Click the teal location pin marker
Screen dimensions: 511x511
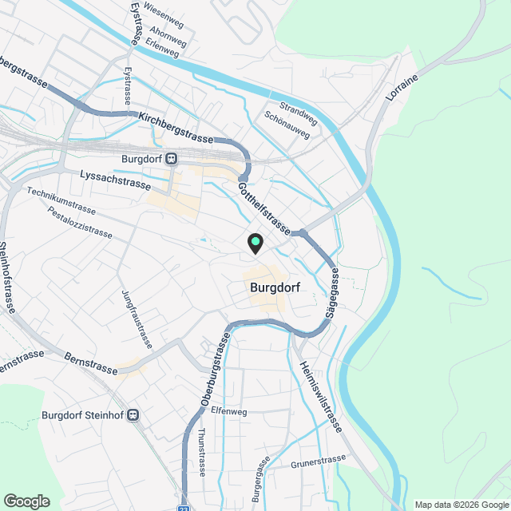255,243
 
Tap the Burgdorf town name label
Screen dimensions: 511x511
267,288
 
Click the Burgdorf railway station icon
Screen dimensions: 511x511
173,158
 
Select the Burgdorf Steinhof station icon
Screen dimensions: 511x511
133,415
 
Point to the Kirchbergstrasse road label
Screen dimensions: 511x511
176,128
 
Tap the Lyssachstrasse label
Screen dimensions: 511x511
116,179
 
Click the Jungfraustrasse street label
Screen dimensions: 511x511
137,319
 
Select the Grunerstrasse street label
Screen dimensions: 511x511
319,461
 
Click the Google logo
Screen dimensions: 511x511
26,501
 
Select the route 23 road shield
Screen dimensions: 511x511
184,507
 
